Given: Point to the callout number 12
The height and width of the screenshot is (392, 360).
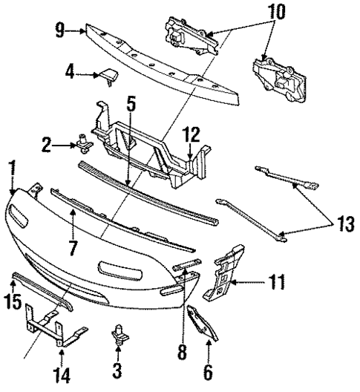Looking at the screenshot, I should click(192, 135).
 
